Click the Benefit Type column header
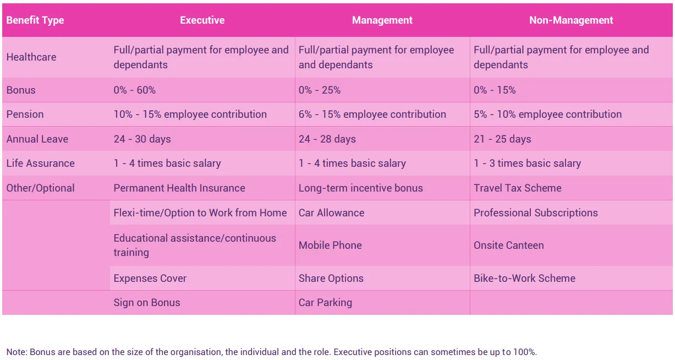tap(35, 20)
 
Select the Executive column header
tap(202, 20)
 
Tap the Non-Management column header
tap(571, 20)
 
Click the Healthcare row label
tap(31, 57)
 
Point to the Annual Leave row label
tap(37, 139)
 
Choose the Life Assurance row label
tap(40, 163)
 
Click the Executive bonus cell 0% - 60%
tap(134, 90)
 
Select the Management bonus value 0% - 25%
tap(320, 90)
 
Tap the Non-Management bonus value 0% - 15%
tap(495, 90)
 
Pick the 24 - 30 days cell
tap(142, 139)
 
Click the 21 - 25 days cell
tap(502, 139)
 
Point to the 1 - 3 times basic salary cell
tap(528, 163)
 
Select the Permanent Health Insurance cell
tap(179, 188)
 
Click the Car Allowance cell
tap(332, 213)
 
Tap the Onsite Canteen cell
tap(509, 246)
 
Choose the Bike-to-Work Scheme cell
tap(524, 279)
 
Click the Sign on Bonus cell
tap(147, 303)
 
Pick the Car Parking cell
tap(325, 303)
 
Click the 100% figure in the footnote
tap(524, 352)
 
